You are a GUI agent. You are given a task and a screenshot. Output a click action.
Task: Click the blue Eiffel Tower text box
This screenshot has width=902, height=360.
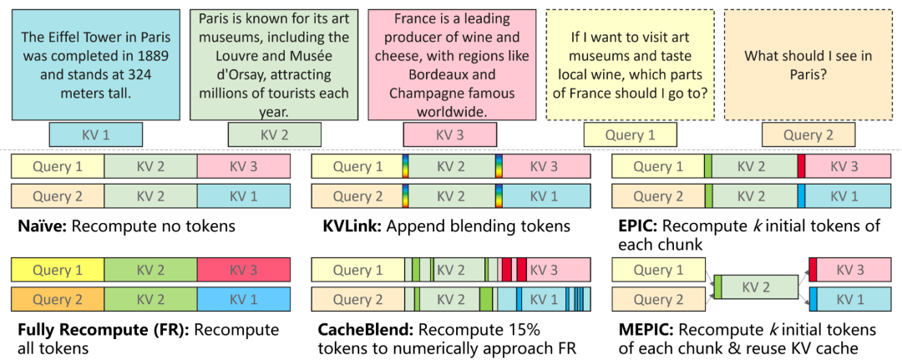tap(95, 63)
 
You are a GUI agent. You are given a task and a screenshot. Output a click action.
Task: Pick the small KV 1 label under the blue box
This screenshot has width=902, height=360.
tap(95, 134)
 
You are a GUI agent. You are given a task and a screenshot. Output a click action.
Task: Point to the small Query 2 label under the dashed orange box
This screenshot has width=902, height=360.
tap(808, 134)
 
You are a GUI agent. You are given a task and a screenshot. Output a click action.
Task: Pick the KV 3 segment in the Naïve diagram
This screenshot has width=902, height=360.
tap(244, 166)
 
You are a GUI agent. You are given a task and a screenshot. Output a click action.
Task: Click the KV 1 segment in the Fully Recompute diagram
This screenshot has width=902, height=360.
tap(244, 299)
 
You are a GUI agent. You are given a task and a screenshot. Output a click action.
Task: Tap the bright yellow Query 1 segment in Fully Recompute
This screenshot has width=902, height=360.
tap(58, 271)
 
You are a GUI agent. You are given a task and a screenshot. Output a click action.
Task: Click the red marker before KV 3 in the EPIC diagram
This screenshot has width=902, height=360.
tap(801, 166)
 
